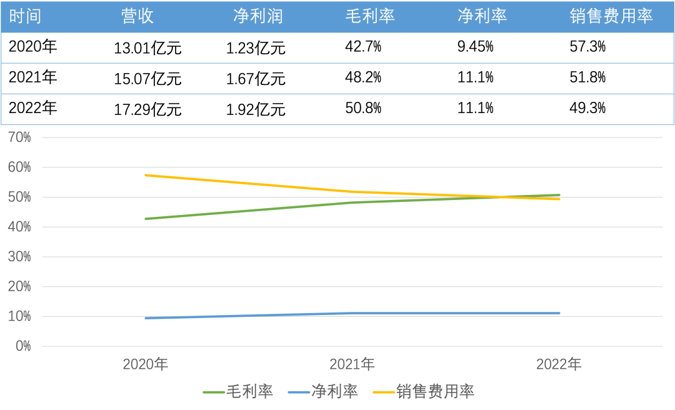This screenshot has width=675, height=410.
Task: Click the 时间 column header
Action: tap(26, 16)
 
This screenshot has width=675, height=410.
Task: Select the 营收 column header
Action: tap(137, 16)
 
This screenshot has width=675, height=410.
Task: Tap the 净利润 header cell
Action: tap(257, 16)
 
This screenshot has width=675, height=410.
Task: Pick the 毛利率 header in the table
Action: tap(370, 16)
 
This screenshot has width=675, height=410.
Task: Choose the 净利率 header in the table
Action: tap(482, 16)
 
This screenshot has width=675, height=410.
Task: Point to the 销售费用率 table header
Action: tap(611, 16)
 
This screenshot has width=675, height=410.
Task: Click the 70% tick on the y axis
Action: tap(19, 137)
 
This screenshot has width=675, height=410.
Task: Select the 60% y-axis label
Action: tap(19, 167)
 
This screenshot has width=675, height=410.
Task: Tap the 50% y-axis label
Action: tap(19, 197)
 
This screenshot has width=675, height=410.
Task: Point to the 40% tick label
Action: tap(19, 227)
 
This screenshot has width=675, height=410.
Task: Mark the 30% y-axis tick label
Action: tap(19, 257)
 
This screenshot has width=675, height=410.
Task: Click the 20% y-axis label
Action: tap(19, 287)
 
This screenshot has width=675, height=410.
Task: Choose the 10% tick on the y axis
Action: tap(19, 316)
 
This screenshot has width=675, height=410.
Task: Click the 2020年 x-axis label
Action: tap(146, 364)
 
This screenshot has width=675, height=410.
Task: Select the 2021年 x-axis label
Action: tap(352, 364)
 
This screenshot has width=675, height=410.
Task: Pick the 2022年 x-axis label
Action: tap(559, 364)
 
